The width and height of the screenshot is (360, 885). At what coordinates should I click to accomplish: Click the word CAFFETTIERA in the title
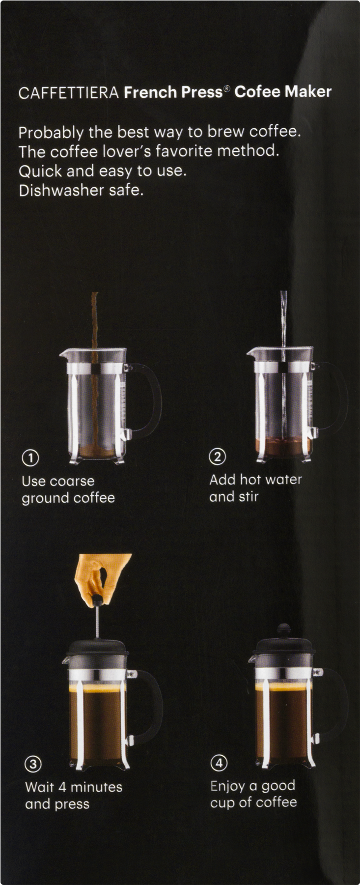[68, 92]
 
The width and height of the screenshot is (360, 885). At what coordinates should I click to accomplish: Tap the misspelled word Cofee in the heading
[257, 92]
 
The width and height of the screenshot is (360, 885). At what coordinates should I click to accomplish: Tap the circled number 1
[30, 457]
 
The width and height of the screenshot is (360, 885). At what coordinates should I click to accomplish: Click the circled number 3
[33, 764]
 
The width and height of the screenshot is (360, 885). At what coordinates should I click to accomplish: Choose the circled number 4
[219, 763]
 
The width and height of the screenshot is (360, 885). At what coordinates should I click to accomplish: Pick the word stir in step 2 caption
[248, 497]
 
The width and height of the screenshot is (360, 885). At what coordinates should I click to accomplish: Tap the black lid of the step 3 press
[96, 647]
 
